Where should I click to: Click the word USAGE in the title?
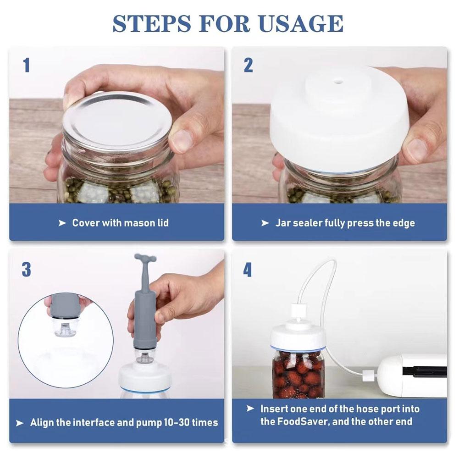(301, 23)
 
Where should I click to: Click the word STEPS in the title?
(152, 23)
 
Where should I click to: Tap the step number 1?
(27, 65)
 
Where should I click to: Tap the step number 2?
(248, 65)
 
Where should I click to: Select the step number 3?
(26, 270)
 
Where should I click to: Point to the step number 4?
(247, 270)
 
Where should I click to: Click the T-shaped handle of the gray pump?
(145, 260)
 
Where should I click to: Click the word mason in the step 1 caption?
(138, 223)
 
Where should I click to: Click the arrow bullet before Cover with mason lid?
(62, 223)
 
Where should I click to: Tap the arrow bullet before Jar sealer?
(265, 223)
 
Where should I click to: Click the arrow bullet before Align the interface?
(20, 423)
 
